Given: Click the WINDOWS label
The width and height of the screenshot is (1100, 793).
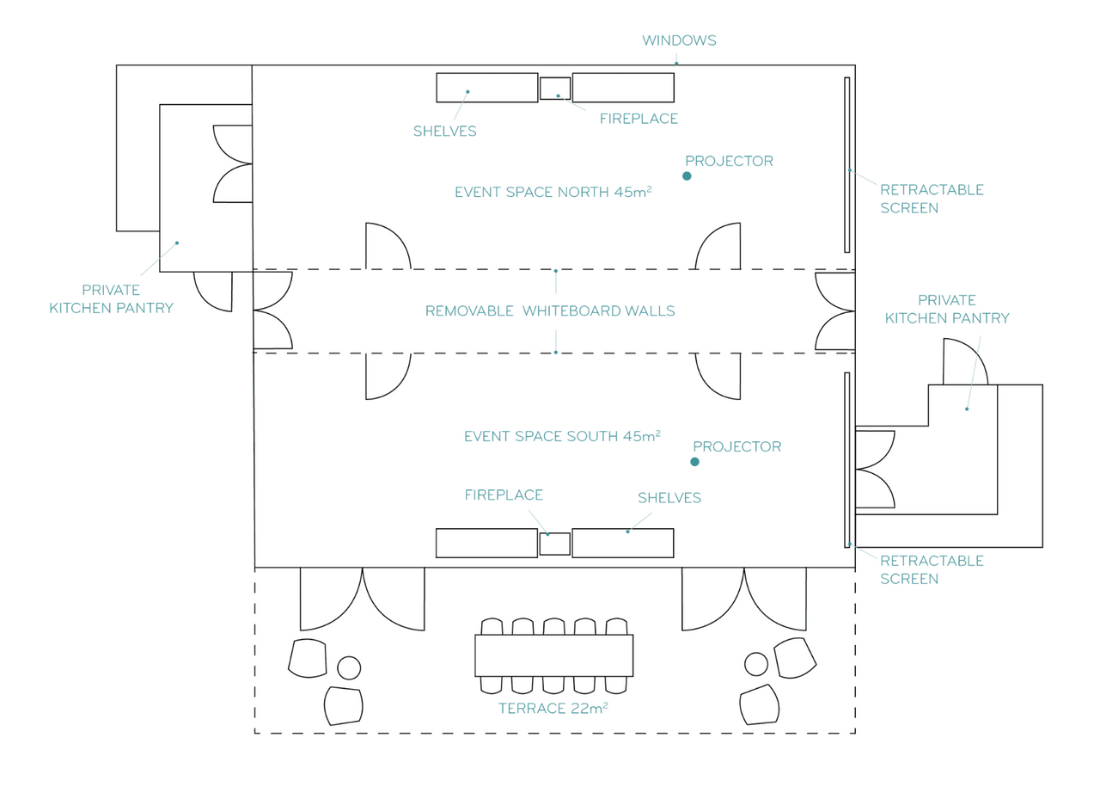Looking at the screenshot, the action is [x=679, y=40].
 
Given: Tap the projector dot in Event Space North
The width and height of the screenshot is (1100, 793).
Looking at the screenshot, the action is [x=687, y=176].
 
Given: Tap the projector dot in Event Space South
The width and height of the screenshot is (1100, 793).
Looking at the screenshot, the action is [x=694, y=461].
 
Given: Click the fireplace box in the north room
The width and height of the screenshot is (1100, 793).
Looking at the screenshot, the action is [x=555, y=89].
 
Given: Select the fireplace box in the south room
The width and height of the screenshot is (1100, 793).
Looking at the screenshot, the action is [x=554, y=544].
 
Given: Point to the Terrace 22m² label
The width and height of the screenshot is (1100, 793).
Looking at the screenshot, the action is [x=553, y=708].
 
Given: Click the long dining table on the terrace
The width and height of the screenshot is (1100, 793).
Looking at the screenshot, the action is [x=553, y=655].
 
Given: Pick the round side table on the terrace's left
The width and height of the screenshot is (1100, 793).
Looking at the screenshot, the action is [x=349, y=667].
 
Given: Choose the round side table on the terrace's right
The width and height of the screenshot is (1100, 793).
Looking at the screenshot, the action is [x=755, y=664].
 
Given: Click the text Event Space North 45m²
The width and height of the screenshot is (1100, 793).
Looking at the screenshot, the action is [x=553, y=192].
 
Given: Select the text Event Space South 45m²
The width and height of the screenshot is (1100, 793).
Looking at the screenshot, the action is [x=562, y=436].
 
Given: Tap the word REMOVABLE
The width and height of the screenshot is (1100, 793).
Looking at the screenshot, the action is [x=469, y=311].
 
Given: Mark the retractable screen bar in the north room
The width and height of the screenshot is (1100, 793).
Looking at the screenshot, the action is [x=846, y=165].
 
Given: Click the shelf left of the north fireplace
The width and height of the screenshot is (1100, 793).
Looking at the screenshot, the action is [x=486, y=88].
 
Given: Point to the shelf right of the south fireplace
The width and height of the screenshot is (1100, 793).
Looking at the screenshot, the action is [x=623, y=543].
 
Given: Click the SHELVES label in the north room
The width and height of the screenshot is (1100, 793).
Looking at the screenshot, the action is [x=444, y=132].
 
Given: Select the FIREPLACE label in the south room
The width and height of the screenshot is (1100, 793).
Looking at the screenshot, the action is [x=504, y=495].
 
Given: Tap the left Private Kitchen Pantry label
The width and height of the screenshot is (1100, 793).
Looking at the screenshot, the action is [x=111, y=298].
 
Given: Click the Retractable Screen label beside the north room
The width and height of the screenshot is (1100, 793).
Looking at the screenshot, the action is [x=932, y=199].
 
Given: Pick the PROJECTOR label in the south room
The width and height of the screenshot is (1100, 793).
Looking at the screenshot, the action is [x=736, y=446].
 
